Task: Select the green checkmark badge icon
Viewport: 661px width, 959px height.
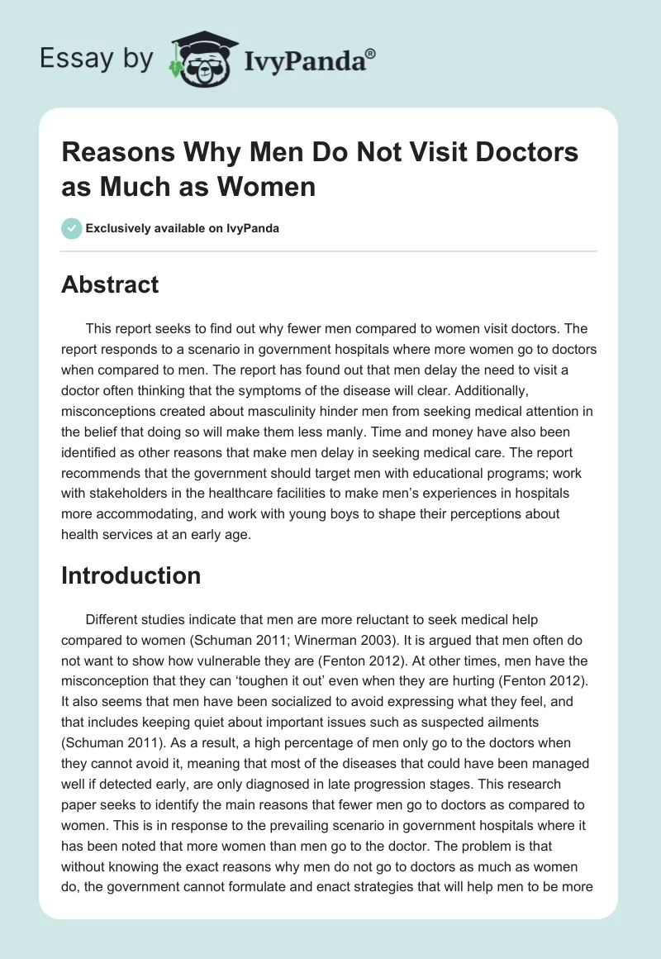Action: (x=72, y=228)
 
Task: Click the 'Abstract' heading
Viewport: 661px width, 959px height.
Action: (x=110, y=284)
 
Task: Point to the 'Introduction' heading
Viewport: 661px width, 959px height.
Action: (x=131, y=575)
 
